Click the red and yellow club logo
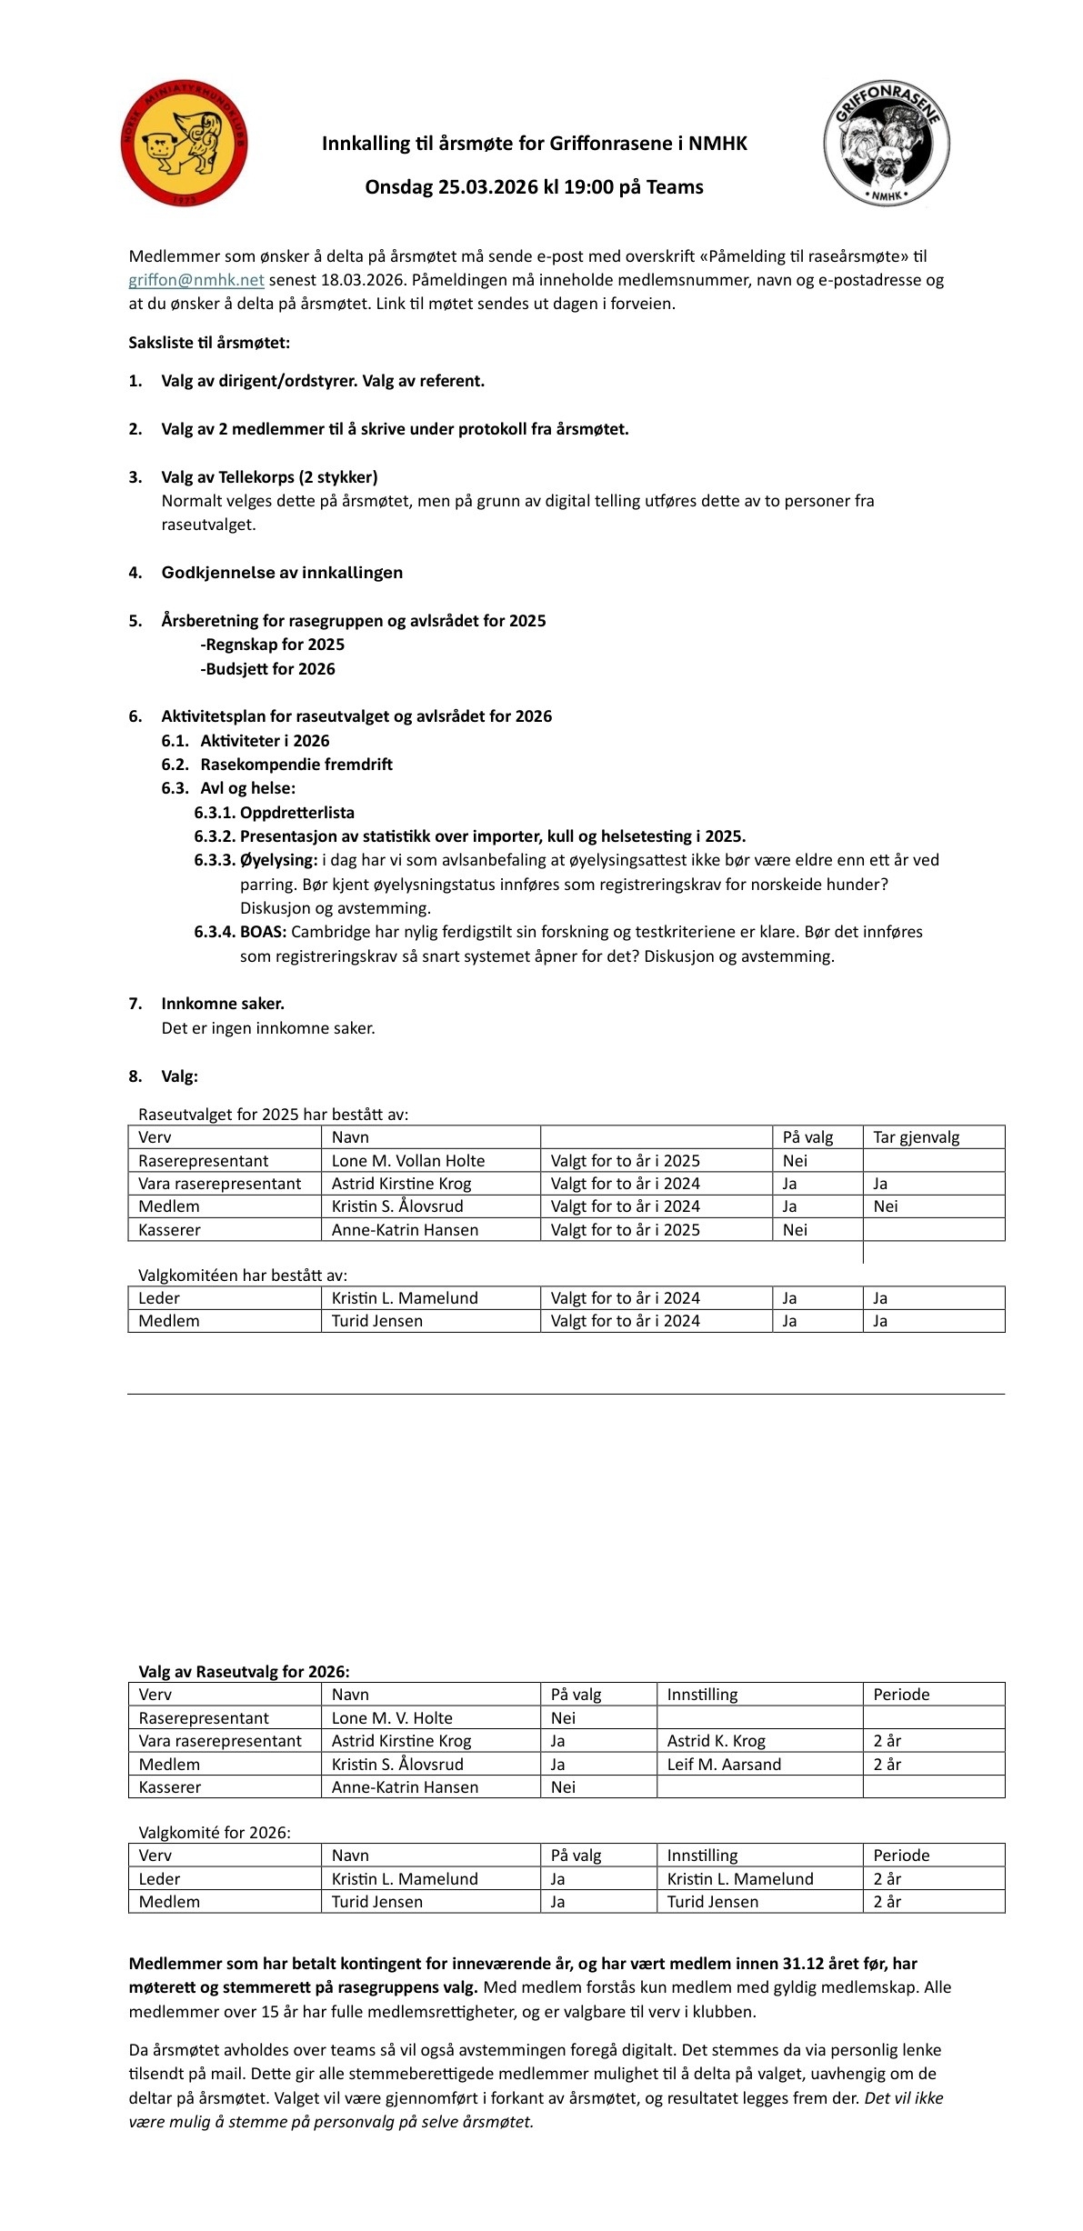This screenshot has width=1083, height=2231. click(x=184, y=143)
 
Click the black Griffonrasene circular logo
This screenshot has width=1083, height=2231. click(x=887, y=143)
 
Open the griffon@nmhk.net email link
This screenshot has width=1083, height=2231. click(x=196, y=280)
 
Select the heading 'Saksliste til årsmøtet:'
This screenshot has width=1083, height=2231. click(x=209, y=343)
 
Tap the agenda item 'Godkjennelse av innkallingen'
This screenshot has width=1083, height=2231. click(x=282, y=573)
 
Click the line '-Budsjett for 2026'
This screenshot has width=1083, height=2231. click(x=267, y=669)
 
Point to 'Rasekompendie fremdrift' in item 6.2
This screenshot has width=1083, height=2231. click(x=296, y=765)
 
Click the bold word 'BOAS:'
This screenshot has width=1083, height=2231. click(x=263, y=932)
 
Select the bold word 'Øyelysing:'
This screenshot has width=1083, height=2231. click(x=278, y=860)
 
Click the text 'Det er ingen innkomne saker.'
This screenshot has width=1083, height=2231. click(x=268, y=1028)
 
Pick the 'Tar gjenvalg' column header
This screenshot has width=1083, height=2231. click(x=916, y=1137)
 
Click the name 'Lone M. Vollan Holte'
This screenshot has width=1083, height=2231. click(x=408, y=1161)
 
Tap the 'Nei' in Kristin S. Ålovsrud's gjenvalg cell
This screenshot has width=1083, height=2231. click(x=885, y=1206)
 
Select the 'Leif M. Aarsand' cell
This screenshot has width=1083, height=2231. click(x=724, y=1765)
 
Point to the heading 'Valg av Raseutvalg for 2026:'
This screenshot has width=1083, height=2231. click(x=244, y=1671)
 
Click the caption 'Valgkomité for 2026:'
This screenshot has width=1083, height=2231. click(x=215, y=1833)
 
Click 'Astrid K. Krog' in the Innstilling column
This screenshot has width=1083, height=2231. click(x=717, y=1741)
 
